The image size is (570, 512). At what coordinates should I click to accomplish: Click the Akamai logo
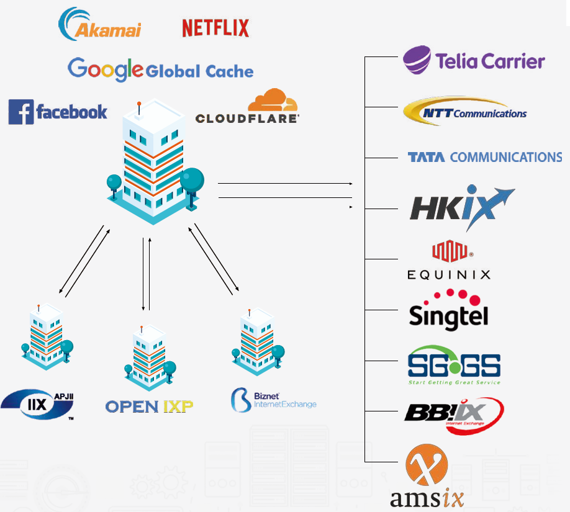click(100, 25)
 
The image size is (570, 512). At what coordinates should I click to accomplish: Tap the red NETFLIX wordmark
click(215, 28)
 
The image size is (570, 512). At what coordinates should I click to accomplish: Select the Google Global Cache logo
click(160, 70)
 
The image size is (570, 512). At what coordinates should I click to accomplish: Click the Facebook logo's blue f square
click(20, 112)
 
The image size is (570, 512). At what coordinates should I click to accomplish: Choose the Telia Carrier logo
click(474, 60)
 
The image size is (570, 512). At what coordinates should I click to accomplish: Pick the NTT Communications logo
click(465, 112)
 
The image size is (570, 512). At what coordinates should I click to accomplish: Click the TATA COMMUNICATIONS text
click(484, 158)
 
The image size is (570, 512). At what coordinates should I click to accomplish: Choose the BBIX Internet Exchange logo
click(454, 415)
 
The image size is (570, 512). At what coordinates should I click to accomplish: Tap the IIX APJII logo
click(37, 403)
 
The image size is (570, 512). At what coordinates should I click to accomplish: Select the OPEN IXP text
click(149, 406)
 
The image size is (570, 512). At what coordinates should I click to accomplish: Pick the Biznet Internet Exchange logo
click(273, 399)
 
